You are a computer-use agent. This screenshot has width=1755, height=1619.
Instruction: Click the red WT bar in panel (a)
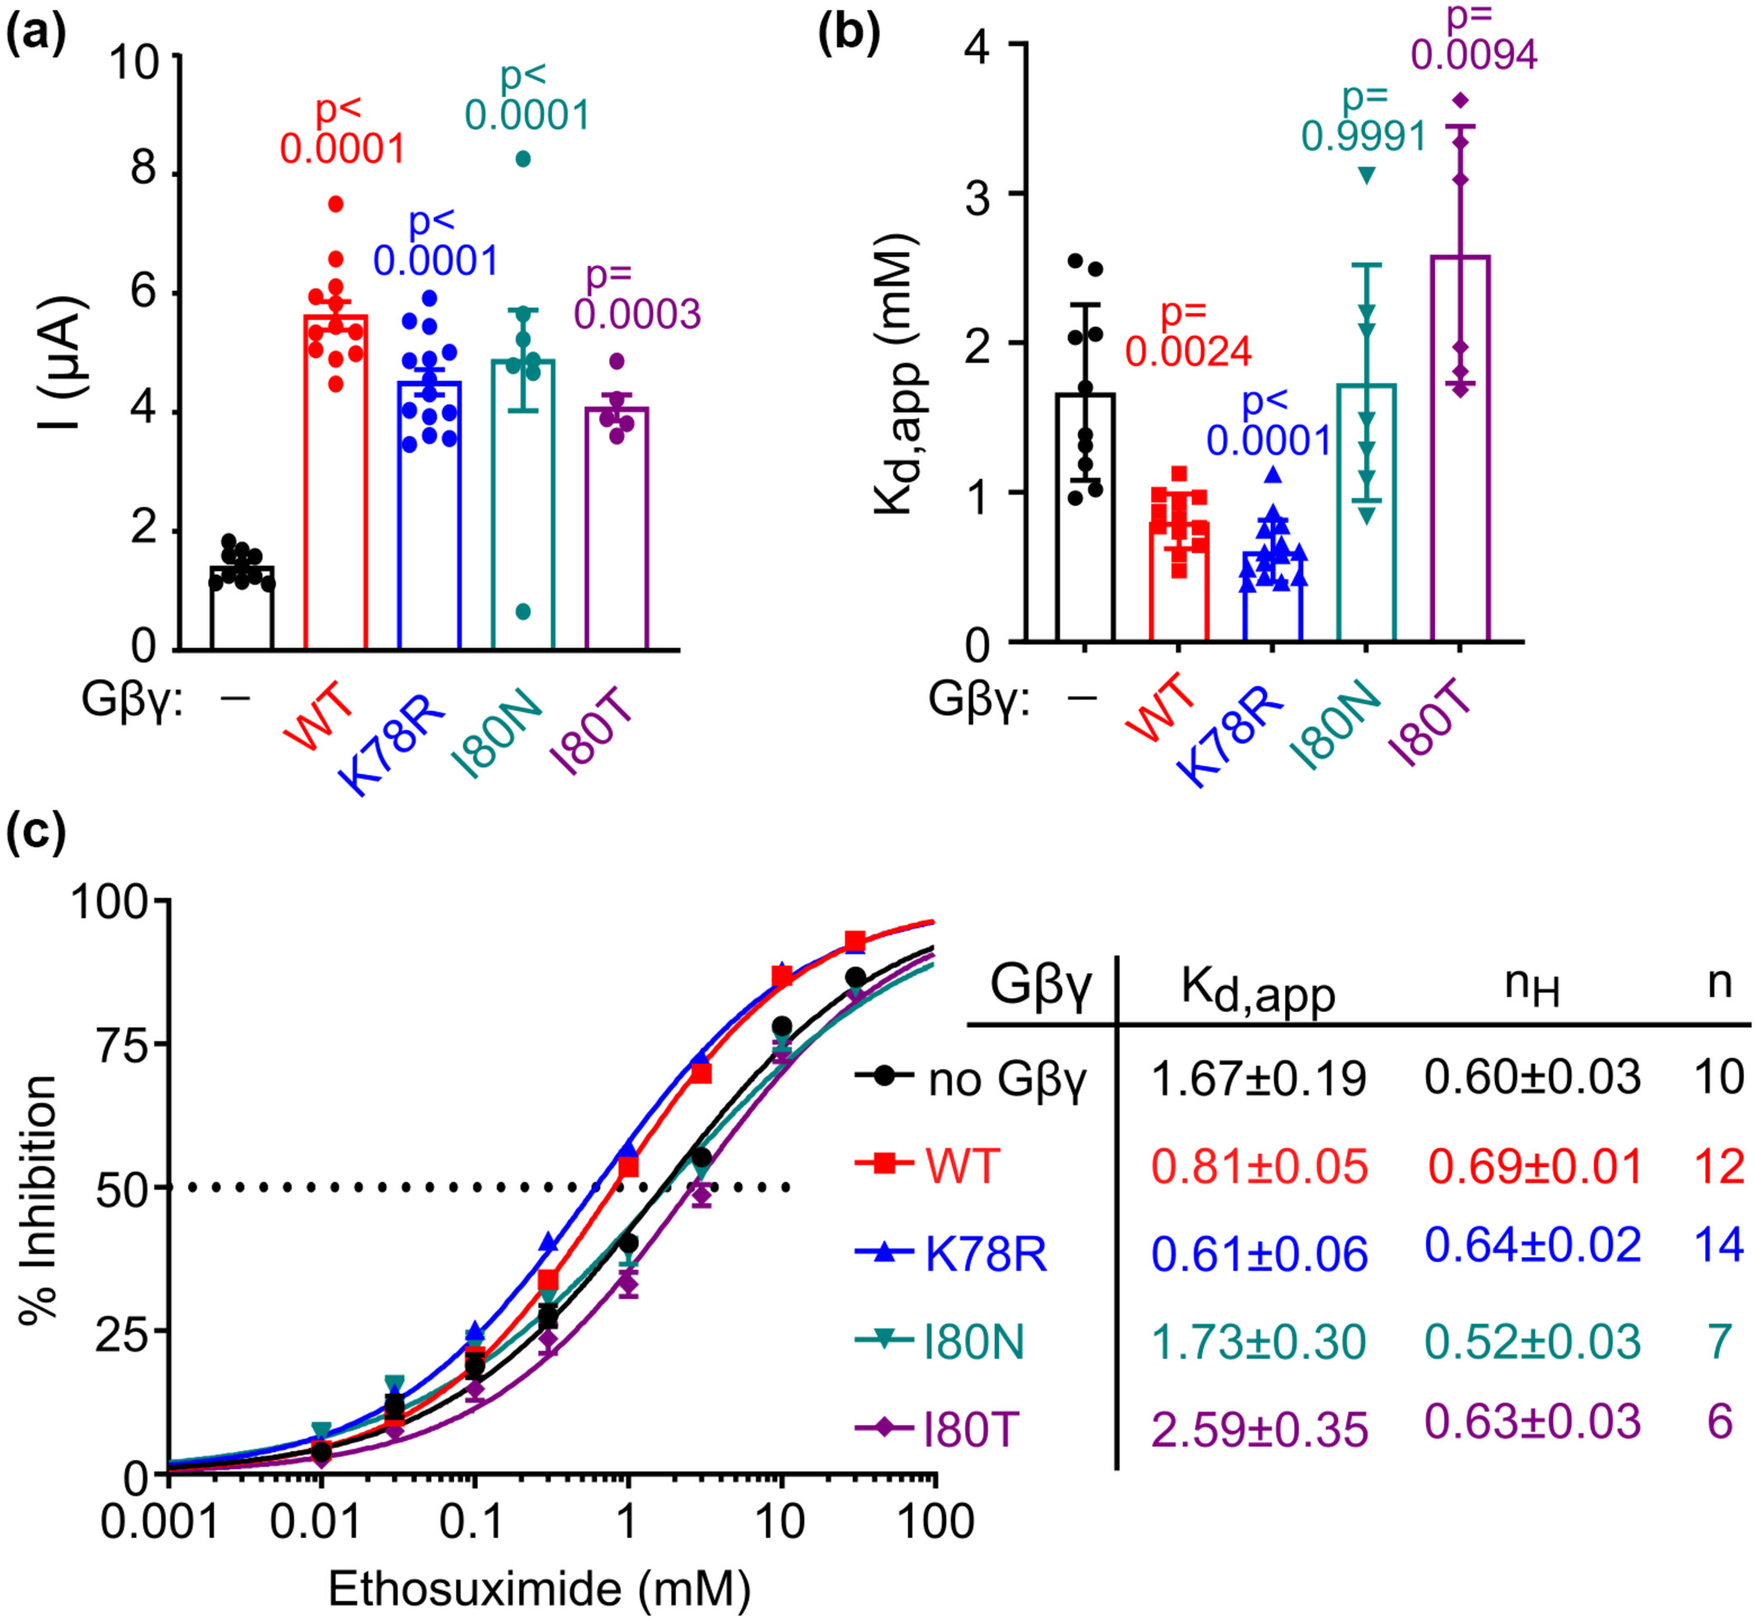[x=336, y=482]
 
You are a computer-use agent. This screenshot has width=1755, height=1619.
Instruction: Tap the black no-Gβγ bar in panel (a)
[x=242, y=608]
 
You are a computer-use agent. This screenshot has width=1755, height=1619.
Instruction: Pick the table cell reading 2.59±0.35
[x=1259, y=1430]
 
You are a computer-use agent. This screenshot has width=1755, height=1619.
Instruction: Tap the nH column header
[x=1532, y=986]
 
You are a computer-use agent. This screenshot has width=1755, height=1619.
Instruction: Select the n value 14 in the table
[x=1718, y=1245]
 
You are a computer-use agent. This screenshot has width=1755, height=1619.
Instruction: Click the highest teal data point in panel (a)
[x=523, y=158]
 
